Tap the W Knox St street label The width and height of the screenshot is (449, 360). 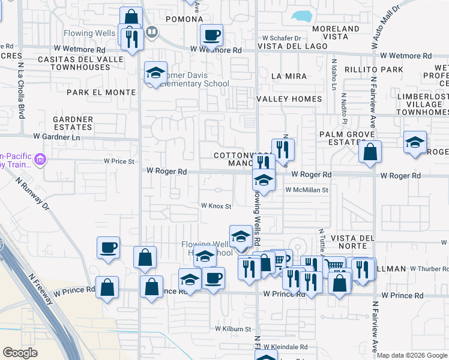tap(216, 206)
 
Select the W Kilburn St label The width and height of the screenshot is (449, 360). tap(234, 329)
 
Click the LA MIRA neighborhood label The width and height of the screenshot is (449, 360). tap(289, 76)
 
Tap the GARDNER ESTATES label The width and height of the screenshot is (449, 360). tap(73, 124)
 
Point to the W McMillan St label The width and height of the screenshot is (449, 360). tap(307, 190)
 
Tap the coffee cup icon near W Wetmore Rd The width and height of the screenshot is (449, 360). tap(211, 35)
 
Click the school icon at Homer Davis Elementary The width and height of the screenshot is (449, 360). tap(155, 74)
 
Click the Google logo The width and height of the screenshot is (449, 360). tap(20, 352)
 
